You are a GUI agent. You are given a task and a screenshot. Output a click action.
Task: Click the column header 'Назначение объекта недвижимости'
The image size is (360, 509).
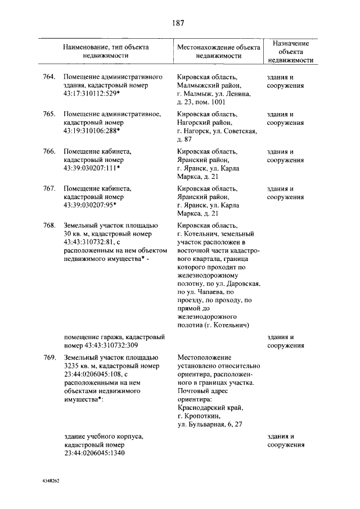coord(290,52)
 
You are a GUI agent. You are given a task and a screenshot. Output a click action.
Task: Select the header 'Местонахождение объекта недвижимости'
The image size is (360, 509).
coord(218,52)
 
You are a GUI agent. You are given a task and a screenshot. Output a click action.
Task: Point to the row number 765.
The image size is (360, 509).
coord(49,114)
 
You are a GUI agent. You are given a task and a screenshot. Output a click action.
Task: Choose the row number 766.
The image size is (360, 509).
coord(49,151)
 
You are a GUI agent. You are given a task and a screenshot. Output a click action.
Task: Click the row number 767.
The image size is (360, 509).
coord(49,188)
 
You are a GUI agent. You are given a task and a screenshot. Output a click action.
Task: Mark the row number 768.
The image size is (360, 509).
coord(49,226)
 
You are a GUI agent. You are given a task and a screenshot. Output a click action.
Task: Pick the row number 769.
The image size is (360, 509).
coord(49,357)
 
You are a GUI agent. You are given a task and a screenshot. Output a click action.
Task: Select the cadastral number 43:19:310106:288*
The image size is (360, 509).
coord(92,132)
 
